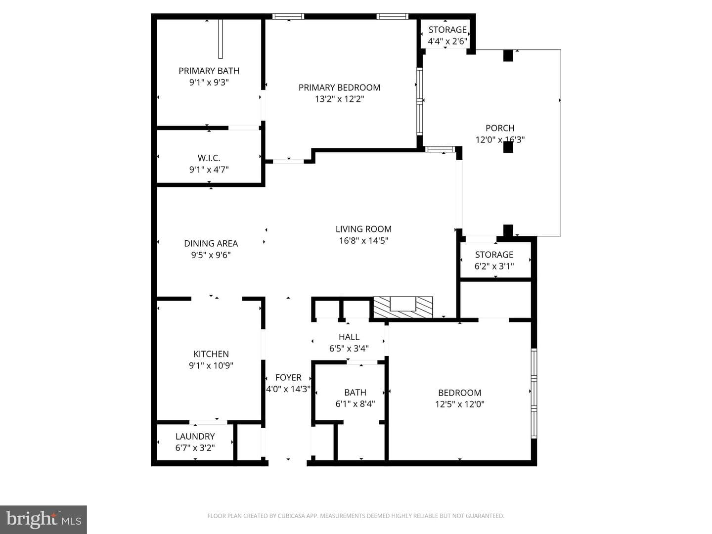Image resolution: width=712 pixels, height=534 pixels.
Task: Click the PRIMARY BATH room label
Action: click(x=209, y=71)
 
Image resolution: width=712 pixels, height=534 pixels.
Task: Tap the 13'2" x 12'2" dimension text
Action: click(x=339, y=99)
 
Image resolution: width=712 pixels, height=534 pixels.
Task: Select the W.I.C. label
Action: click(x=209, y=158)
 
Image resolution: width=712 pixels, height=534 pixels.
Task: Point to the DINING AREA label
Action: click(x=211, y=243)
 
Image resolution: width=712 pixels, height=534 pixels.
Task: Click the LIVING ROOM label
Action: click(x=363, y=229)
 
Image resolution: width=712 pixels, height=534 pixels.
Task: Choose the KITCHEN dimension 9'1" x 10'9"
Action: click(x=211, y=366)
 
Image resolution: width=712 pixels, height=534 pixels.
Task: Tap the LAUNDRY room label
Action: click(x=195, y=437)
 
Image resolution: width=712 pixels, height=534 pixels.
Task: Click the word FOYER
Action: click(x=288, y=378)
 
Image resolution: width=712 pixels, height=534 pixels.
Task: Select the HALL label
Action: click(x=349, y=337)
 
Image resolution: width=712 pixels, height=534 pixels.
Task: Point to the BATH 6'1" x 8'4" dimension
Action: click(x=355, y=404)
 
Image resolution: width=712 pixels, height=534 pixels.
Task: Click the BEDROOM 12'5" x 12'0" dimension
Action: click(x=460, y=404)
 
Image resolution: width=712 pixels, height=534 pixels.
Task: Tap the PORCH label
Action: click(x=500, y=128)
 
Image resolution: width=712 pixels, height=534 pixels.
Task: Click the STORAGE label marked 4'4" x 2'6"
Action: click(x=447, y=30)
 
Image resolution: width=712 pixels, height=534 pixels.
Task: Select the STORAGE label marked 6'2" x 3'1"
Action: click(x=494, y=255)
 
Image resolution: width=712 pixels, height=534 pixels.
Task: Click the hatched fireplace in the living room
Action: click(x=403, y=307)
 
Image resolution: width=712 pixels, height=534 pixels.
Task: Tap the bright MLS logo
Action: click(x=43, y=519)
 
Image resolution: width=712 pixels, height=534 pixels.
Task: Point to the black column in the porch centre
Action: click(x=508, y=147)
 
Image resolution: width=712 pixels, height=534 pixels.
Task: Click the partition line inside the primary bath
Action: click(x=221, y=39)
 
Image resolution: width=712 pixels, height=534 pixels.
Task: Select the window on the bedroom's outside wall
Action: click(x=534, y=394)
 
